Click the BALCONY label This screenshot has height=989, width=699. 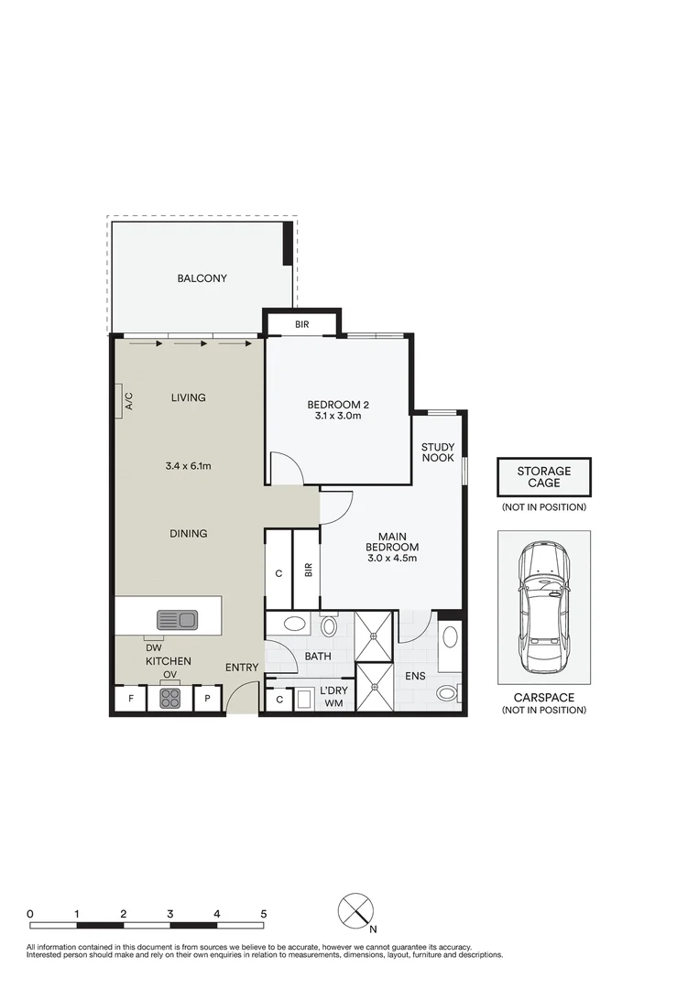click(202, 278)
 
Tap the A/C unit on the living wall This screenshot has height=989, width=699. click(121, 400)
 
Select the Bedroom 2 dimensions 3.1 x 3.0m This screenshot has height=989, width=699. click(337, 417)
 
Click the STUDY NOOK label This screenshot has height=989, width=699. click(437, 452)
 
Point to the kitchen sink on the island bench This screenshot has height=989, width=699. click(176, 620)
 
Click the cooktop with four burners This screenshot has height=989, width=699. click(170, 698)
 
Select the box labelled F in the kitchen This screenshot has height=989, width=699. click(130, 700)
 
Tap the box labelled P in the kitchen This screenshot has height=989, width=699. click(208, 700)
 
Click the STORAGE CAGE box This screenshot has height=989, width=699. click(543, 477)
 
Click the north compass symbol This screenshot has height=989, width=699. click(355, 911)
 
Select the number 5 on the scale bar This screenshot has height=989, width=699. click(263, 913)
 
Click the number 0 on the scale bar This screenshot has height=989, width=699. click(30, 913)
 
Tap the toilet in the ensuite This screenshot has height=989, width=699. click(447, 693)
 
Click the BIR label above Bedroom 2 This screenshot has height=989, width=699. click(301, 325)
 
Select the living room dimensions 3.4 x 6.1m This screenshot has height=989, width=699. click(189, 466)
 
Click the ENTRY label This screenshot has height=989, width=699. click(242, 668)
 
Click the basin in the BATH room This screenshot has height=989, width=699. click(295, 625)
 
